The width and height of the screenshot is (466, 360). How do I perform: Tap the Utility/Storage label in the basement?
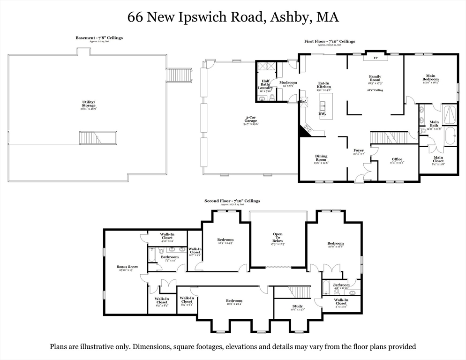89,104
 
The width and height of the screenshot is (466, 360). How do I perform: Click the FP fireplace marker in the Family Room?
375,58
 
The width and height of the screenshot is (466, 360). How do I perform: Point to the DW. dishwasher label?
322,113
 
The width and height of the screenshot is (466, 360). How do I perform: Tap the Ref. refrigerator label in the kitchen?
303,101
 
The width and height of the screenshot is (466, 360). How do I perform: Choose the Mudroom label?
288,83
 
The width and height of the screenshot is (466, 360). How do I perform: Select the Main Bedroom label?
430,78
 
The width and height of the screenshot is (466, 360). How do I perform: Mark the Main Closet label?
438,159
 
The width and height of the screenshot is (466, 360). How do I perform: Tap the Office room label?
397,159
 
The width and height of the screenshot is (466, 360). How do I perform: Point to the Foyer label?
359,151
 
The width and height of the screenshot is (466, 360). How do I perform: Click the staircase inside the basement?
98,137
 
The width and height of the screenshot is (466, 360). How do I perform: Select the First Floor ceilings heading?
330,41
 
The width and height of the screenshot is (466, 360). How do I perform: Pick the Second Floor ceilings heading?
232,201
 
